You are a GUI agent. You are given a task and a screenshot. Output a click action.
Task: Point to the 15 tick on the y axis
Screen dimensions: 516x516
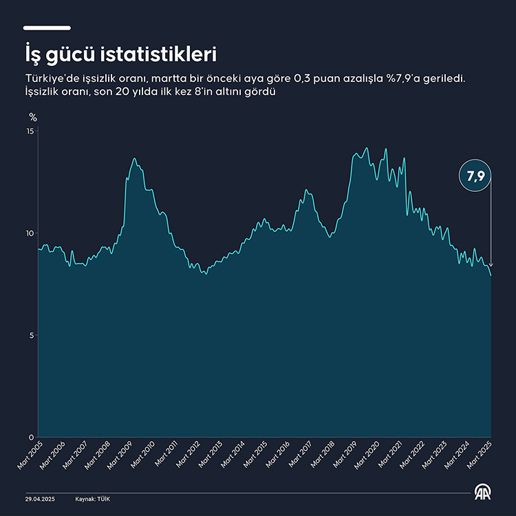coord(30,131)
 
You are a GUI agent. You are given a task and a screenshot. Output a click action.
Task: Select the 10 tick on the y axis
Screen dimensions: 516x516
coord(30,233)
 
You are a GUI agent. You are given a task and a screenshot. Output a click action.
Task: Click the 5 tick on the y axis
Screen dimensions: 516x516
coord(32,336)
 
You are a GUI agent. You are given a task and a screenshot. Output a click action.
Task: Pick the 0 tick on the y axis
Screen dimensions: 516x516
coord(32,438)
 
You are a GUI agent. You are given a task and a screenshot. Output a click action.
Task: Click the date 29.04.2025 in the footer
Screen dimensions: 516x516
coord(39,498)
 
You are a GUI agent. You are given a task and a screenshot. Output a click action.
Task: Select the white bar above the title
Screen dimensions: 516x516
coord(47,28)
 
